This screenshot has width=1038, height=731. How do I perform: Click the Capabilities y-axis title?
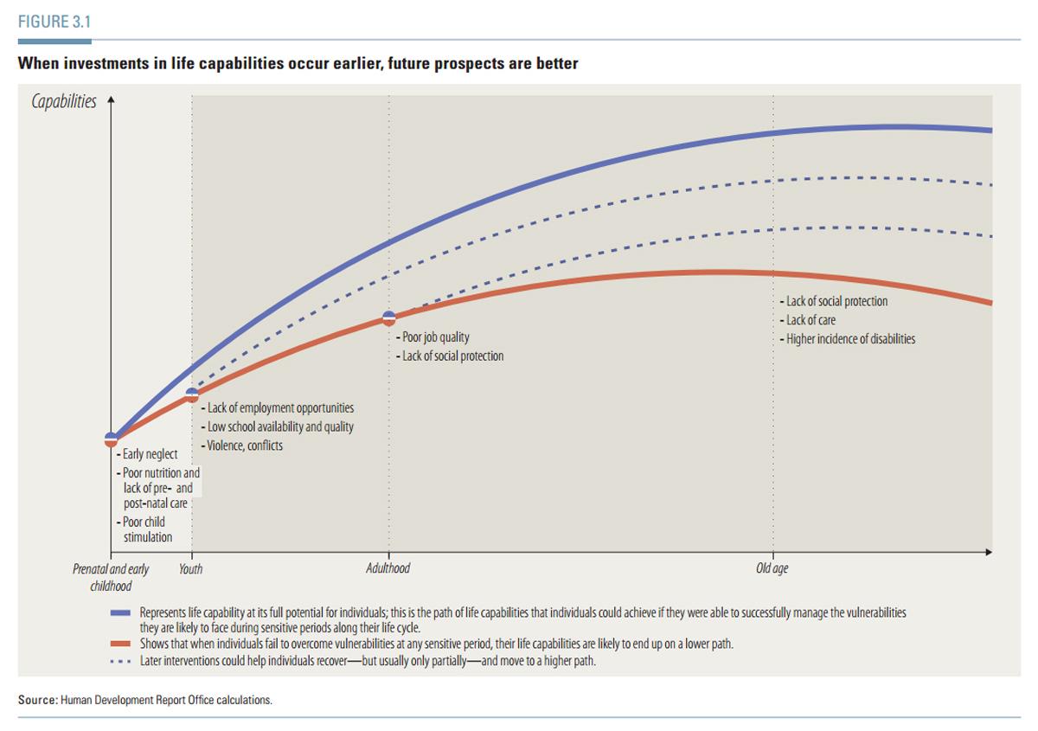coord(63,102)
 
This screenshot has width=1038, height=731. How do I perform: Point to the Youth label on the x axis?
coord(190,569)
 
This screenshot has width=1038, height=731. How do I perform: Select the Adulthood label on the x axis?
coord(388,568)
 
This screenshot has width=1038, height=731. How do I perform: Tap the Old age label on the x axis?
coord(772,568)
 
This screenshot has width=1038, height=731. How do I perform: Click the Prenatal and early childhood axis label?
coord(111,577)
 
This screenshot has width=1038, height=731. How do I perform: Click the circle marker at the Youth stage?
coord(192,395)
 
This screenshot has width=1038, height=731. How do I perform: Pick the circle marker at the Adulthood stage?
coord(388,318)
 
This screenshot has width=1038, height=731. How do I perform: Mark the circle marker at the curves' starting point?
coord(111,439)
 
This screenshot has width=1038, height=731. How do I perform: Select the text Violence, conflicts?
coord(245,446)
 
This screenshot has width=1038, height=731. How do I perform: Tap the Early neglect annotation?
coord(150,454)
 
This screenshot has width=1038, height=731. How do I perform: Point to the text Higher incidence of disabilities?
coord(849,339)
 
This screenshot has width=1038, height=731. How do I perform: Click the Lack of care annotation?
coord(811,320)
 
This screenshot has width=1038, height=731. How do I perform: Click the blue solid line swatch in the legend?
coord(120,612)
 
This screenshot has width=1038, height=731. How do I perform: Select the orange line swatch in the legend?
coord(120,644)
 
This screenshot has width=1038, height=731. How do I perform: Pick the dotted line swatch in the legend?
coord(120,662)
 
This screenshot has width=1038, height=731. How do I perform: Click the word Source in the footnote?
coord(36,700)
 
